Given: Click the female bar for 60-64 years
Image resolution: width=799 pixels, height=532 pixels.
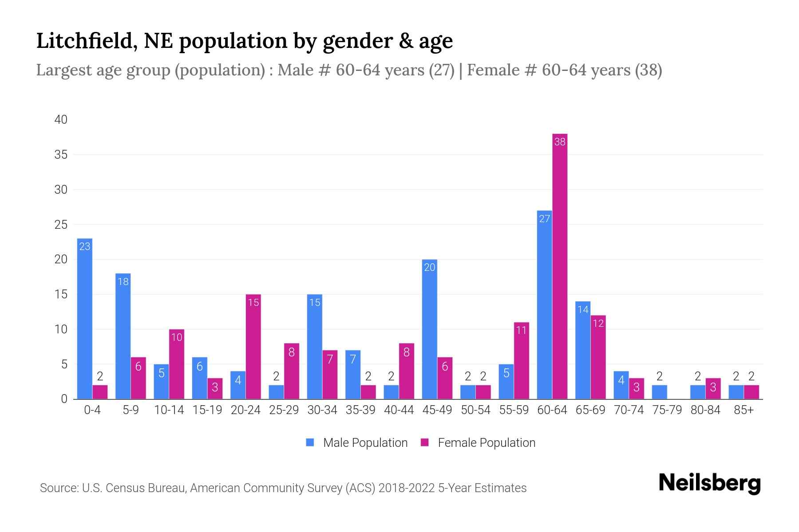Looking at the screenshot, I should (x=560, y=266).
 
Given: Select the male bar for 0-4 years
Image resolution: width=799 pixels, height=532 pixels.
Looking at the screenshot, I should (x=85, y=319).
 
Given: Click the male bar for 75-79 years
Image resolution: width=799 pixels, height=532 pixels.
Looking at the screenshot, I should (x=659, y=392).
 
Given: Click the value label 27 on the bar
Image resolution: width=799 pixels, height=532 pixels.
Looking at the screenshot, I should (x=544, y=219).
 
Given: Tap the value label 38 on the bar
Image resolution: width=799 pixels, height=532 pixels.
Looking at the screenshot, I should (x=560, y=142).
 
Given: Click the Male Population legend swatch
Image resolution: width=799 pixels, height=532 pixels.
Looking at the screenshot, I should (x=310, y=442).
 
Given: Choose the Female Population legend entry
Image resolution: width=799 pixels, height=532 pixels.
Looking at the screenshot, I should (x=486, y=442).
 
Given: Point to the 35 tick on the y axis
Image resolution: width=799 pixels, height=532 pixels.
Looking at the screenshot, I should (x=61, y=155).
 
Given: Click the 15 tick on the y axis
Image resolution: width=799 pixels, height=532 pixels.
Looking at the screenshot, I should (x=61, y=294).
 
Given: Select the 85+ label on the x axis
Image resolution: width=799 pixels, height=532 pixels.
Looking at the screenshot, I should (x=744, y=410).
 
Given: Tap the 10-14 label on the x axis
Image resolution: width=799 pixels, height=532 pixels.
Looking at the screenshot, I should (x=169, y=410).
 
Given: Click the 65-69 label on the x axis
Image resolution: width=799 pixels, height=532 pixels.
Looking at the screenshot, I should (x=590, y=410).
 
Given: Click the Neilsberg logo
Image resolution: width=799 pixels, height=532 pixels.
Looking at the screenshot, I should (x=709, y=483).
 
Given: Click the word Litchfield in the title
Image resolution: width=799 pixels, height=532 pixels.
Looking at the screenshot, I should (x=83, y=41).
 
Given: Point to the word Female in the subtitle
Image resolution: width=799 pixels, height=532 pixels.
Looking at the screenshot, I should (x=493, y=70).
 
